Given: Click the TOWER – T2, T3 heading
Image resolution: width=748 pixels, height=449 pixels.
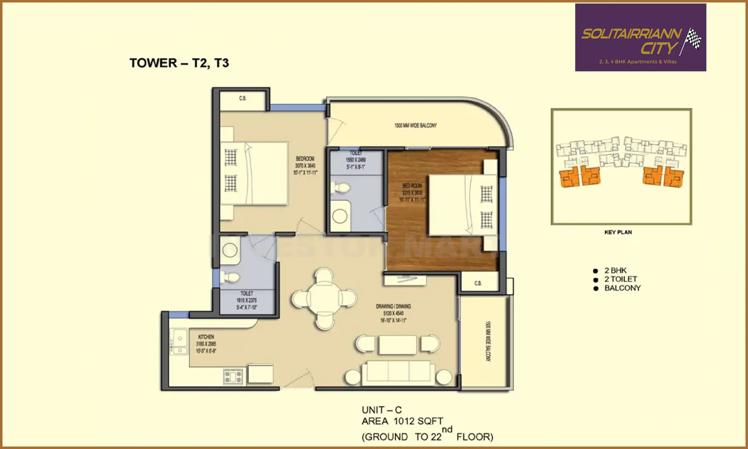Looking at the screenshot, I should pyautogui.click(x=179, y=63).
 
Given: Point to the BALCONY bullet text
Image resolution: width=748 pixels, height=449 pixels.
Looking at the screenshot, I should pyautogui.click(x=622, y=288).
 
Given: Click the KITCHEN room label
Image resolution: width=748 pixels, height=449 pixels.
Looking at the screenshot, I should pyautogui.click(x=206, y=337).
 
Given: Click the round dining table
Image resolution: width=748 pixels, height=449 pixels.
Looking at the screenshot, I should pyautogui.click(x=324, y=298).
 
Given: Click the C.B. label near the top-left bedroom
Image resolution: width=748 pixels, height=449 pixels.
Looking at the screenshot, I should pyautogui.click(x=243, y=98).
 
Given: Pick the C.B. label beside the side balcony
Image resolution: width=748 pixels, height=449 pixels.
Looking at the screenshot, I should pyautogui.click(x=478, y=283).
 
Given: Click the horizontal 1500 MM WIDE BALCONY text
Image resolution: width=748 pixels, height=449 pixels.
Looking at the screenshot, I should pyautogui.click(x=415, y=125).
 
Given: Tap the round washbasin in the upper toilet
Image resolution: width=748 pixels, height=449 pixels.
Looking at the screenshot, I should pyautogui.click(x=340, y=216).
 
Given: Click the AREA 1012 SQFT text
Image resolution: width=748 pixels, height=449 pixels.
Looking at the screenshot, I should pyautogui.click(x=402, y=421).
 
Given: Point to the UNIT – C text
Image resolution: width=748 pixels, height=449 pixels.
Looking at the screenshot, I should pyautogui.click(x=381, y=410).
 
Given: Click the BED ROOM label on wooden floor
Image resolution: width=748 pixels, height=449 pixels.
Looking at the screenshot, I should pyautogui.click(x=412, y=186).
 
